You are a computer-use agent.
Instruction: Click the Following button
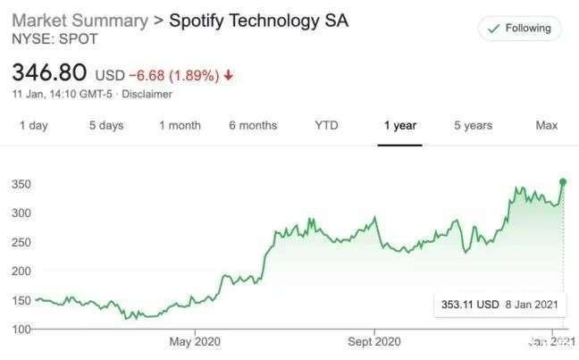(x=519, y=29)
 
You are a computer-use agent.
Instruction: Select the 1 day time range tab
(x=34, y=126)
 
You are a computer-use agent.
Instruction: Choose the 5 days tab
(x=106, y=126)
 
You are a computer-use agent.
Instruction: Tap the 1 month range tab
(x=180, y=126)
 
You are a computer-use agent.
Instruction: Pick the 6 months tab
(x=253, y=126)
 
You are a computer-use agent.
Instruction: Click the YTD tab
(x=326, y=126)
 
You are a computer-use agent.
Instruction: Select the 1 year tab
(x=400, y=126)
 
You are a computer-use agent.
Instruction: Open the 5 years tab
(x=473, y=126)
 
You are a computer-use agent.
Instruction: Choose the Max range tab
(x=547, y=126)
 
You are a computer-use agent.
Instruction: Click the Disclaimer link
(x=147, y=94)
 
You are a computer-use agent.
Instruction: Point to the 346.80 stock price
(x=49, y=72)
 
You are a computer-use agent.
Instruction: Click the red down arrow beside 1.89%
(x=229, y=75)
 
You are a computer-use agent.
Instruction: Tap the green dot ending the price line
(x=563, y=181)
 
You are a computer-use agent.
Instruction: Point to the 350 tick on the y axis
(x=21, y=184)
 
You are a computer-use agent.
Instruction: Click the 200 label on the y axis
(x=21, y=271)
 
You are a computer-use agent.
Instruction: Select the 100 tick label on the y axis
(x=21, y=329)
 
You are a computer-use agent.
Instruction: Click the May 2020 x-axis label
(x=195, y=341)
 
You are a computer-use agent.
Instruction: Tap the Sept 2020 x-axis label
(x=374, y=341)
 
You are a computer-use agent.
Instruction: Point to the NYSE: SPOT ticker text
(x=55, y=38)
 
